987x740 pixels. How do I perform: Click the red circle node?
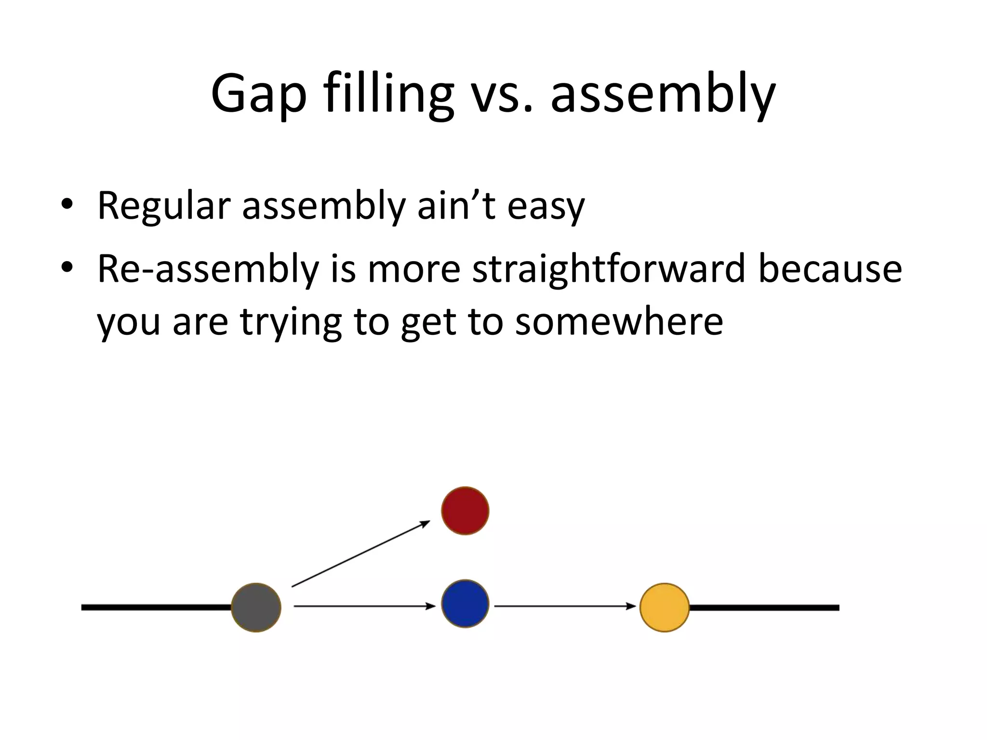[465, 511]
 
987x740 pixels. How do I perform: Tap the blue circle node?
[465, 604]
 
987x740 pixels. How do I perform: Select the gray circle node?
[256, 608]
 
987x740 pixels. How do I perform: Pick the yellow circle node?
[665, 608]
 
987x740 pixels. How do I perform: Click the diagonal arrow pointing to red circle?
[360, 554]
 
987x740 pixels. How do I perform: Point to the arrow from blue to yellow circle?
[565, 606]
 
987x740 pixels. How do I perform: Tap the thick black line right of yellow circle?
[764, 608]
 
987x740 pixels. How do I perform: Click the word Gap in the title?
[259, 94]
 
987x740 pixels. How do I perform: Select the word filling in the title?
[388, 94]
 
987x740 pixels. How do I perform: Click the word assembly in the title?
[663, 94]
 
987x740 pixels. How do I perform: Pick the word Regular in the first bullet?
[164, 206]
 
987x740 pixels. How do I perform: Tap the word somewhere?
[619, 322]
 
